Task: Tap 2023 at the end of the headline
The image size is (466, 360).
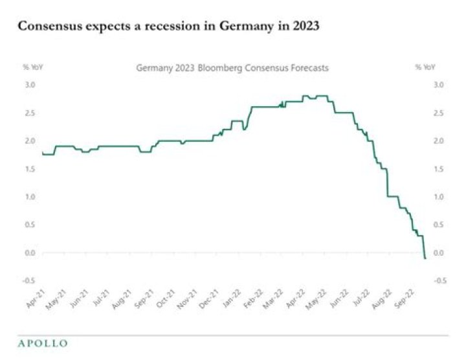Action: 302,27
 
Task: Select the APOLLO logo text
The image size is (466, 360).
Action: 42,343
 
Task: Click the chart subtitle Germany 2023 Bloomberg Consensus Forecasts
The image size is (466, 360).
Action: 232,67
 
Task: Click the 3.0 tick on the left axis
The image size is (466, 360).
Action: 30,85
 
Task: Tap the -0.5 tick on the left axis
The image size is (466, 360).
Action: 28,280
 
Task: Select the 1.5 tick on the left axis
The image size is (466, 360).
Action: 30,168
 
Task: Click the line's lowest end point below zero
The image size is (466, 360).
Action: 425,258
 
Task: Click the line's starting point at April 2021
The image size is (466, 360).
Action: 42,153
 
